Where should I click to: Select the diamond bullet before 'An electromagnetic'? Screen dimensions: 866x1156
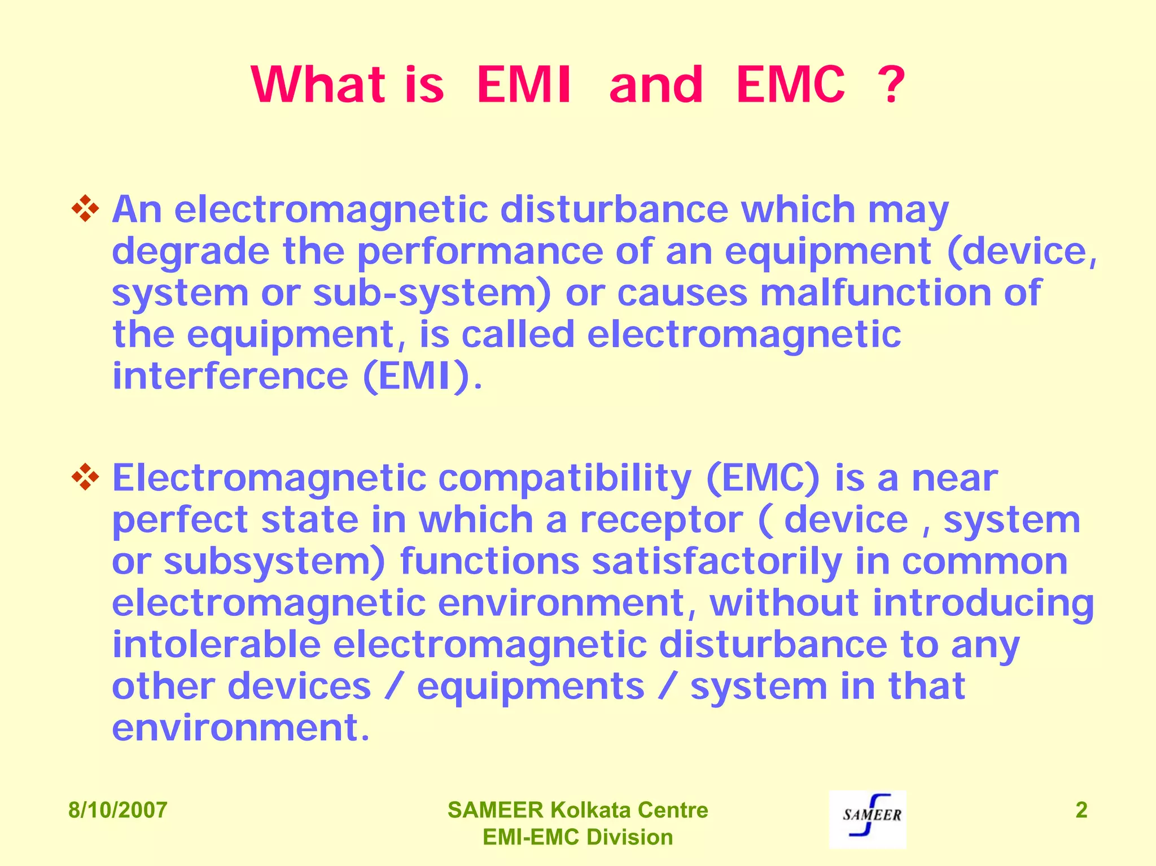coord(85,209)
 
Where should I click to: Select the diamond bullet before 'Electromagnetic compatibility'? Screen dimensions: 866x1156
coord(85,477)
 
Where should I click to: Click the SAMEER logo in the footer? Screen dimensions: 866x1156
coord(868,819)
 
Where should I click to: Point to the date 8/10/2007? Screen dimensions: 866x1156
coord(117,810)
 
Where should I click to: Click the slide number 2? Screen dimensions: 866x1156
coord(1081,810)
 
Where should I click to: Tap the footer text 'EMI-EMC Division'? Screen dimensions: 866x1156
coord(577,837)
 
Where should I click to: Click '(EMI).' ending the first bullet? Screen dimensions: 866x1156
coord(423,377)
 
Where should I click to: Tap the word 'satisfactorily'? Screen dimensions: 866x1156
coord(717,562)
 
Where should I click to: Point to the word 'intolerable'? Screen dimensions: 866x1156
coord(216,645)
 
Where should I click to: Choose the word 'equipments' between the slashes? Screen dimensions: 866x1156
coord(531,687)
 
